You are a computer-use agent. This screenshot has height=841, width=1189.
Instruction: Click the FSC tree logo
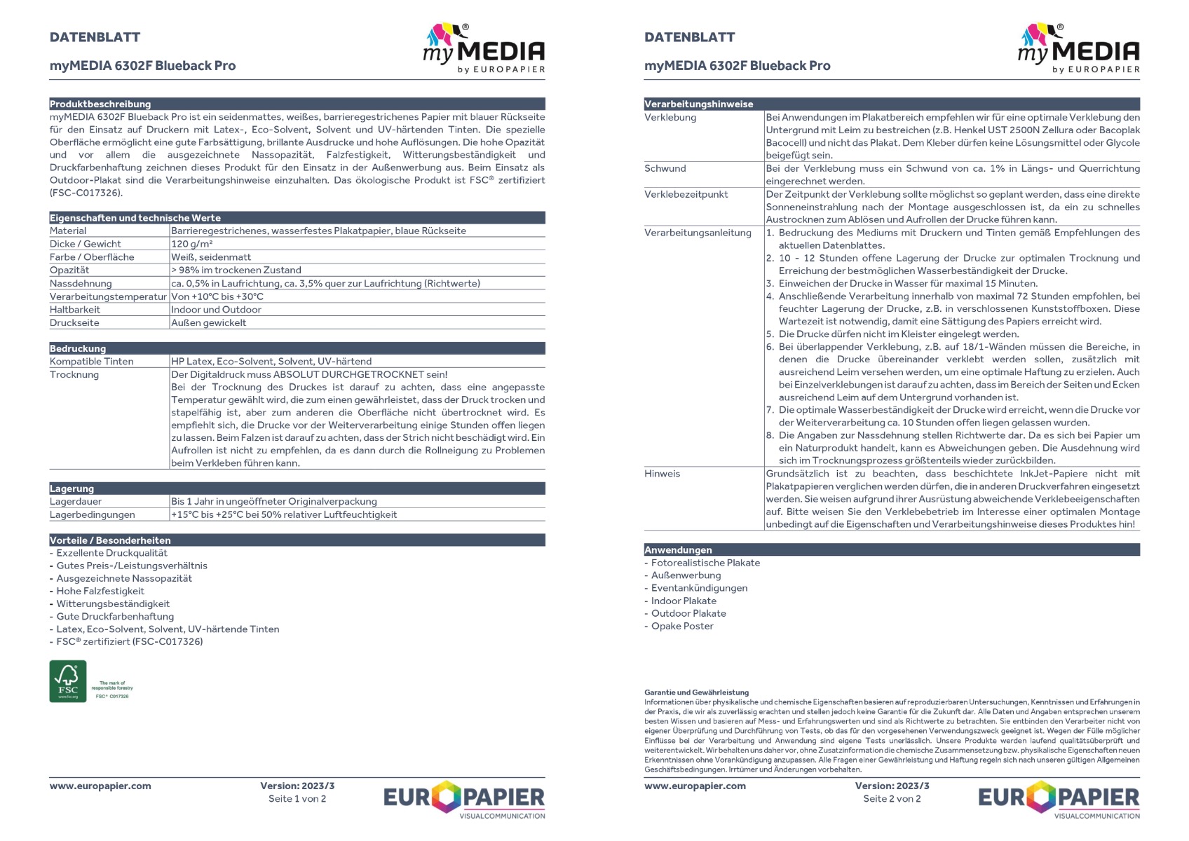68,681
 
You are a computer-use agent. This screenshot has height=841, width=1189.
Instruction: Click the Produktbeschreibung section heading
100,104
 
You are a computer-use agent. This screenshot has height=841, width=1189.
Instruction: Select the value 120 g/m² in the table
192,244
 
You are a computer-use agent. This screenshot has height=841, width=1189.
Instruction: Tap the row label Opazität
69,270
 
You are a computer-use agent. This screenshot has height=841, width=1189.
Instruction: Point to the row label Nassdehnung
81,283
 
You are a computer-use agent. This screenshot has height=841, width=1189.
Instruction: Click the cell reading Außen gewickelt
209,323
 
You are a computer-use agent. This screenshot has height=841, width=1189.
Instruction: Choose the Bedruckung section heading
78,348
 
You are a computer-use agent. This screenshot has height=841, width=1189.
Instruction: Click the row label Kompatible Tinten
92,362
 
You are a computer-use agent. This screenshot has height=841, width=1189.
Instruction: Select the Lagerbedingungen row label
93,514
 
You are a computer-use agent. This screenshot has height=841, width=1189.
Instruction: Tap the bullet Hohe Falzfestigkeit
100,591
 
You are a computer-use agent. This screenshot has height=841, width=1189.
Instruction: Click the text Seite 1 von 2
297,799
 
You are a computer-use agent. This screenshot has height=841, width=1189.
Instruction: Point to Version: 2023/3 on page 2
892,786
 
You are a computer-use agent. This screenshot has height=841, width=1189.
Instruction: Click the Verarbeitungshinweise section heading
699,104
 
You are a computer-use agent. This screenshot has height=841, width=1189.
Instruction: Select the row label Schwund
665,168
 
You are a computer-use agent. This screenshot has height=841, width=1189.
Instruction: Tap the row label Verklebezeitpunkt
686,194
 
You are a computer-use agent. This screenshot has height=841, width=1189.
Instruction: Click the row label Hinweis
663,474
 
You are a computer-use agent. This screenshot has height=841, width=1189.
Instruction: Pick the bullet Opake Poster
682,626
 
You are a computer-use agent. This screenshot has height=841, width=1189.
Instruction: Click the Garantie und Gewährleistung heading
697,692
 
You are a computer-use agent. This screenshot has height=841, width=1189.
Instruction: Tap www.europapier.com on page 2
695,786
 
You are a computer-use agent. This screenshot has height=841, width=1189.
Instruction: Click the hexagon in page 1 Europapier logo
447,796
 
